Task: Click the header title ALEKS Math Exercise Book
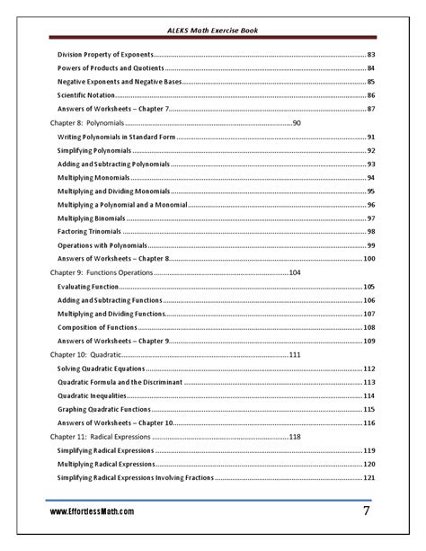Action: (213, 31)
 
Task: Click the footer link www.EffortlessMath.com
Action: (93, 511)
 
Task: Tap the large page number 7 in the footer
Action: (367, 511)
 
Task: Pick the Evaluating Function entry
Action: (88, 287)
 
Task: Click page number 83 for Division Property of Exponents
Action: (370, 55)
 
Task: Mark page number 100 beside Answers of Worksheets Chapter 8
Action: (368, 259)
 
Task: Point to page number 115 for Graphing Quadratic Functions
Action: (368, 409)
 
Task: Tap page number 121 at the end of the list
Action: (368, 477)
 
